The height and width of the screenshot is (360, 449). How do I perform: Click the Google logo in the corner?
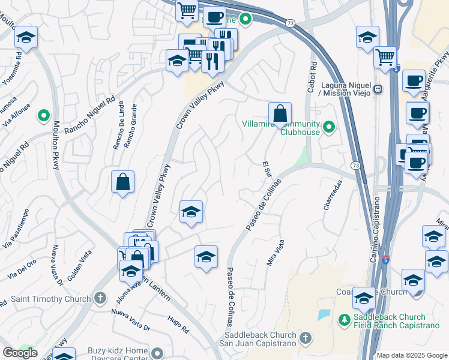click(x=20, y=353)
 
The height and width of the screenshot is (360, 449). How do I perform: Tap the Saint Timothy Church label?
click(x=48, y=298)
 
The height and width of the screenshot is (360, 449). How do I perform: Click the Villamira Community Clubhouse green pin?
click(x=329, y=127)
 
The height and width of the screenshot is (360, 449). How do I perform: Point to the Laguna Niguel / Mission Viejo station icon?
click(x=378, y=89)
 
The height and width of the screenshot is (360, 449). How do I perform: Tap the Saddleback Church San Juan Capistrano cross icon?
click(x=306, y=338)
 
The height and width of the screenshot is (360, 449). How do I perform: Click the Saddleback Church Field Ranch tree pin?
click(x=344, y=320)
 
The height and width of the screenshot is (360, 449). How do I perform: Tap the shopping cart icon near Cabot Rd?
click(x=385, y=57)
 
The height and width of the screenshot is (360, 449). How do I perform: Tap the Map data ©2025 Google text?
click(x=412, y=355)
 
